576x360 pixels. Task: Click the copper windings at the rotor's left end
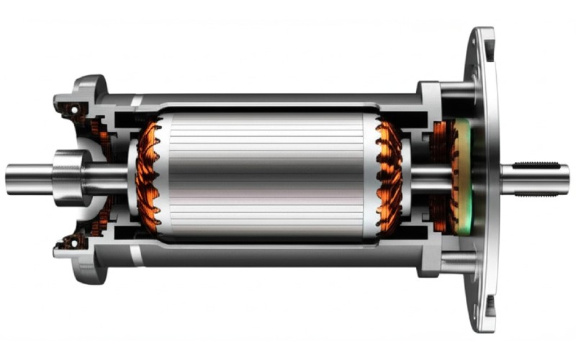coord(148,177)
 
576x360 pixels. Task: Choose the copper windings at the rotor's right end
coord(389,177)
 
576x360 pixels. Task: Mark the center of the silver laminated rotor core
coord(266,177)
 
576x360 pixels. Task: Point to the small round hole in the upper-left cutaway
coord(73,109)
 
